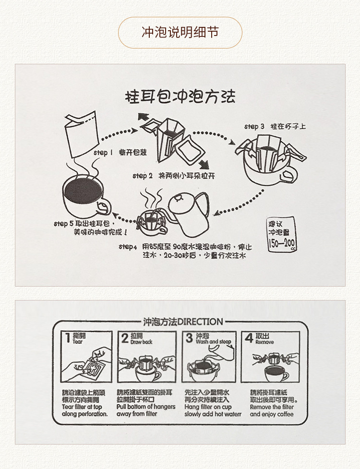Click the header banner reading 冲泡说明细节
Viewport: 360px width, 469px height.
pos(180,32)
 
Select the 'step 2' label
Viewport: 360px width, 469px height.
pos(143,176)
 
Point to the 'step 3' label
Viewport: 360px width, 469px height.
pos(254,127)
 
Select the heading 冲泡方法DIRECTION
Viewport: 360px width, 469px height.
pos(183,322)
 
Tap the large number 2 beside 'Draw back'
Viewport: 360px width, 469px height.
pos(125,338)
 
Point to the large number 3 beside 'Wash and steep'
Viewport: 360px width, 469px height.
pos(190,338)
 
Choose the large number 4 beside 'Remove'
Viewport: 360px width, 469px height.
pos(249,338)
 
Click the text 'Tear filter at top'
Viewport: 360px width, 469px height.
pos(82,407)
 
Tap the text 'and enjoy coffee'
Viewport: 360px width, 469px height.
pos(272,414)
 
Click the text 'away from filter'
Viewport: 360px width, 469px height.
pos(137,414)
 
